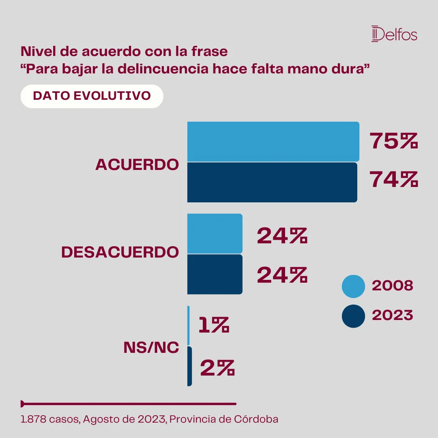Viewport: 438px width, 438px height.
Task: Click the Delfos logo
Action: [394, 34]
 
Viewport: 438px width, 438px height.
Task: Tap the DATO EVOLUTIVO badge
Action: [92, 96]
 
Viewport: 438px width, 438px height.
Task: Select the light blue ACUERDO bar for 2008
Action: [273, 142]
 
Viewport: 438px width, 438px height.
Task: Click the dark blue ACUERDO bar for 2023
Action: [272, 182]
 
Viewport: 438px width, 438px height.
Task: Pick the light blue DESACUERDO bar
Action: [215, 234]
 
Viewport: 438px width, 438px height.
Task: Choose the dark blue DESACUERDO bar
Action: [215, 274]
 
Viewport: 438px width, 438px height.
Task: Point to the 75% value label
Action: [393, 142]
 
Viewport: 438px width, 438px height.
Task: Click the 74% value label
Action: [393, 180]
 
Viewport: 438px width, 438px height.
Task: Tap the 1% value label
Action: [214, 325]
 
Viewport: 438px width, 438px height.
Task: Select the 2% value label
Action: [217, 368]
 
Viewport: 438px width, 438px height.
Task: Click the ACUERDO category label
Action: [137, 165]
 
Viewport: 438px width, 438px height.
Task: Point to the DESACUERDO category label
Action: [120, 252]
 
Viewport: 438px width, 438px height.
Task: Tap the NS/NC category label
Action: [151, 348]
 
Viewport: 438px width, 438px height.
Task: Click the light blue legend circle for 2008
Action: [354, 286]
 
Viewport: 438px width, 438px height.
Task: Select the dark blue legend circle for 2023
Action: [354, 316]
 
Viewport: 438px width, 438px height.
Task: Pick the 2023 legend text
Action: [392, 316]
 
